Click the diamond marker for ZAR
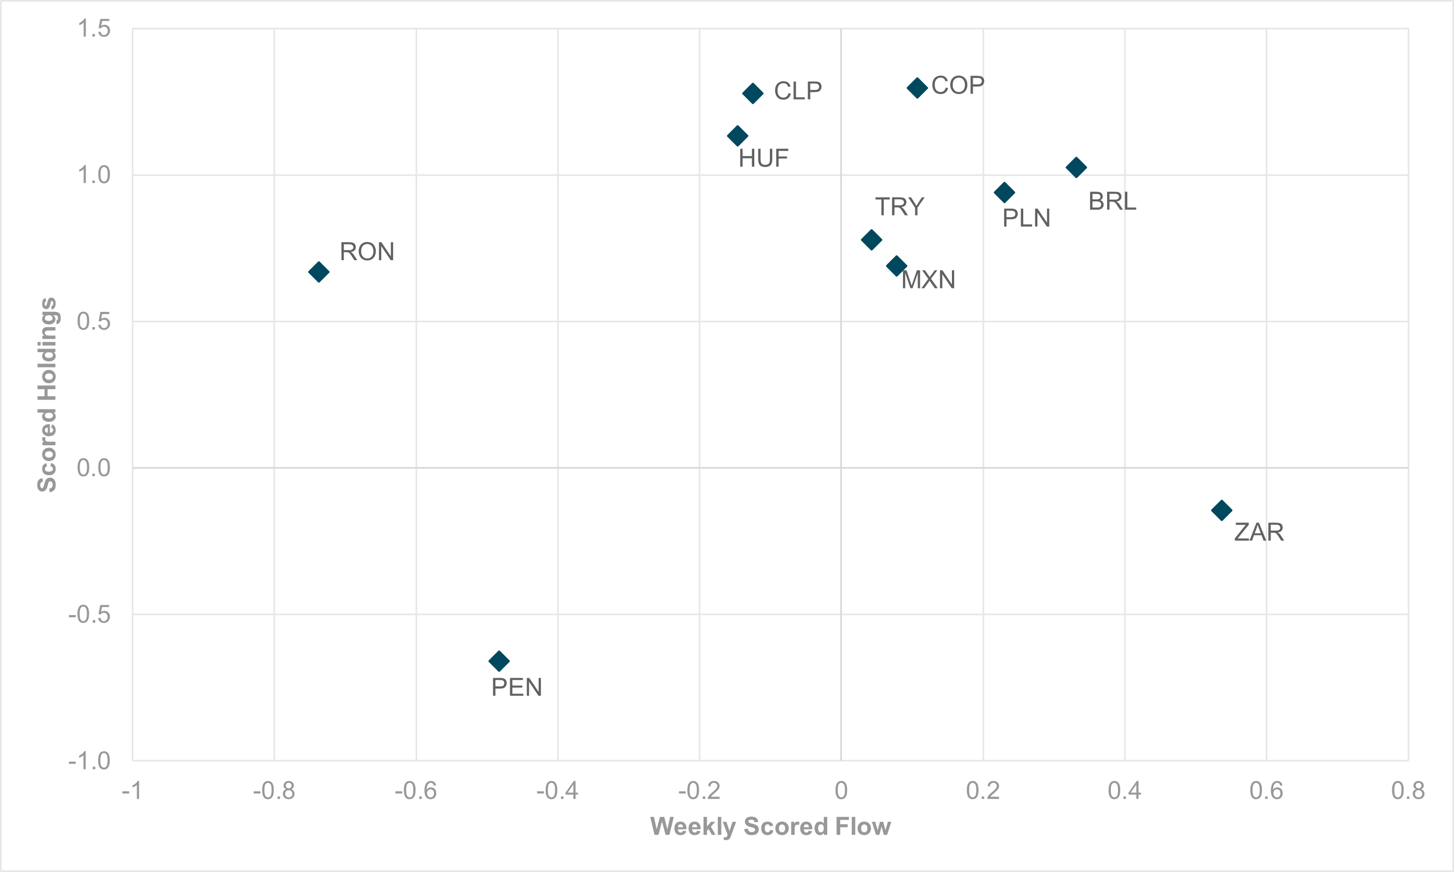[1221, 510]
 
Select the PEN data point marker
[499, 661]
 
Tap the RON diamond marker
[319, 272]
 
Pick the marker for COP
[917, 88]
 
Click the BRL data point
[1076, 168]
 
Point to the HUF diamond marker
[737, 136]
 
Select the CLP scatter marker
[752, 94]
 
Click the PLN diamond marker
[1004, 192]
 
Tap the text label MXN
[928, 280]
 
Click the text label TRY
[899, 207]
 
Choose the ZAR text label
[1259, 532]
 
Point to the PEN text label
[517, 687]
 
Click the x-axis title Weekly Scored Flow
[770, 827]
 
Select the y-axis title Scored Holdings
[47, 394]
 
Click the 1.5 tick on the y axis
[94, 29]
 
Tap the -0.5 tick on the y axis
[90, 615]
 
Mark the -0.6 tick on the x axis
[416, 791]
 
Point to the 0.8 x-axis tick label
[1408, 791]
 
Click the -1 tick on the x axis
[132, 791]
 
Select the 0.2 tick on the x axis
[982, 791]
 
